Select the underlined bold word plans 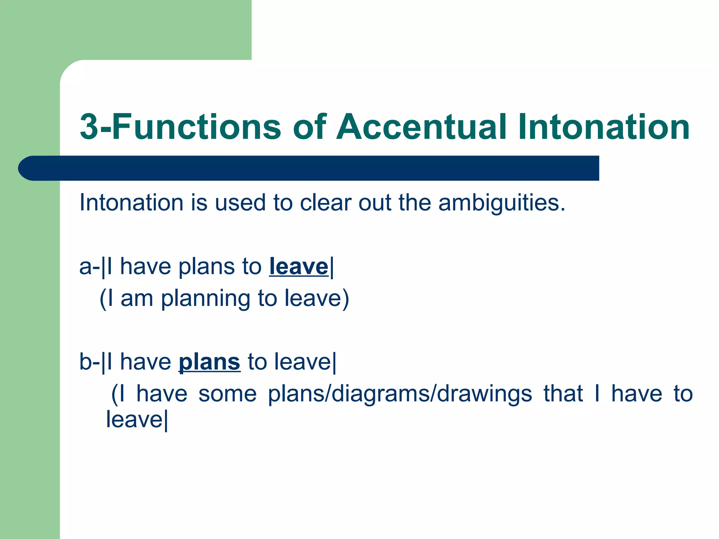(210, 362)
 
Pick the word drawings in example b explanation (484, 394)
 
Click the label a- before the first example (90, 267)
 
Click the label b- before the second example (90, 362)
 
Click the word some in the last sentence (227, 394)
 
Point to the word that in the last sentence (563, 394)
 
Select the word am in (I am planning (137, 299)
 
